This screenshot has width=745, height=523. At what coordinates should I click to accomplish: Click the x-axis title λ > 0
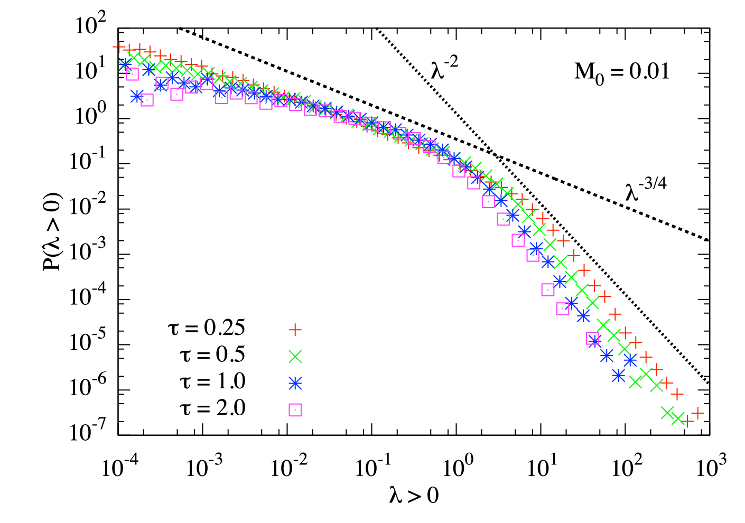pos(414,496)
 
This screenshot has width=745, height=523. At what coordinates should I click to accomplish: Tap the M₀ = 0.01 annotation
pos(622,73)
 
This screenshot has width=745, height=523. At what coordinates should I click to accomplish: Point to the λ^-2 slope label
pos(444,68)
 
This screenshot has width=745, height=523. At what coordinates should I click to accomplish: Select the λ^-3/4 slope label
pos(646,190)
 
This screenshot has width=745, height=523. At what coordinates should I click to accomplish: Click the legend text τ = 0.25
pos(206,328)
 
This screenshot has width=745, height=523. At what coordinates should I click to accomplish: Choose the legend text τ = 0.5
pos(212,354)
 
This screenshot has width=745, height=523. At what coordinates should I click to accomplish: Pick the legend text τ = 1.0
pos(212,381)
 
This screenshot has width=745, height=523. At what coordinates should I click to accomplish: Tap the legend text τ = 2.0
pos(212,408)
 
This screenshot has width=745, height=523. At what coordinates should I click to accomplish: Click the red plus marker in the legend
pos(295,330)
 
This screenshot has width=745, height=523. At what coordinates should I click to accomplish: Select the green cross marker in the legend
pos(295,357)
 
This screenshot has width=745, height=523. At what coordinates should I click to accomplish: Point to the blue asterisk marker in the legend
pos(295,384)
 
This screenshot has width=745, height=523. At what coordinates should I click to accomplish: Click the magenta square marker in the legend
pos(295,410)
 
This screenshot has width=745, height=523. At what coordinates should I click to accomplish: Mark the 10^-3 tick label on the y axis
pos(88,249)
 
